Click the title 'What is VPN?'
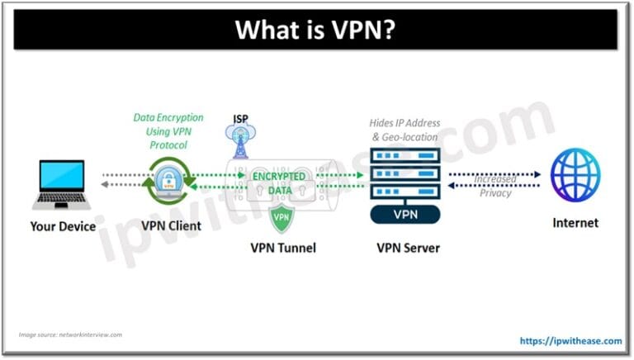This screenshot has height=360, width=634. coord(317,31)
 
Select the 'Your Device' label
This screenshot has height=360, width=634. coord(63,225)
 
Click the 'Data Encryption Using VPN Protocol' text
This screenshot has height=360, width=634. coord(168,131)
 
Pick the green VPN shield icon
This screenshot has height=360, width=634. coord(281,217)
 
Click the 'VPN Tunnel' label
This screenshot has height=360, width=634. coord(282,246)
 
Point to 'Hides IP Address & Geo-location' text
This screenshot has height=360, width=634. coord(405,130)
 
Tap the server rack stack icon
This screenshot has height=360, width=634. coord(405,174)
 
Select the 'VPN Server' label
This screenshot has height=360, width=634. coord(405,246)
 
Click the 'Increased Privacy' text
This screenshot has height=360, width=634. coord(495,186)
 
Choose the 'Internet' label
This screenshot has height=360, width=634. coord(575,223)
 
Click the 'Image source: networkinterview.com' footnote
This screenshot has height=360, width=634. coord(70,334)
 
